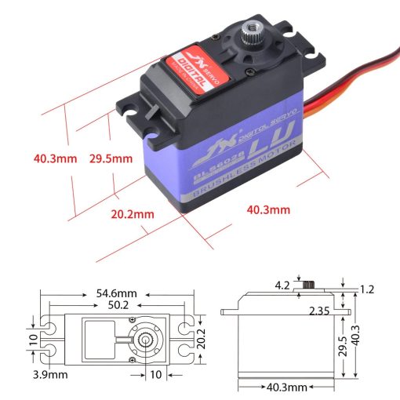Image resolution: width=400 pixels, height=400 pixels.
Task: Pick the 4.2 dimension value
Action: [282, 284]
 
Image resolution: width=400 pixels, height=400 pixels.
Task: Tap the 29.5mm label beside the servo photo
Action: [111, 158]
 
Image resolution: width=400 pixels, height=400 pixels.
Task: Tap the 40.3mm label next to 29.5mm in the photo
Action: [55, 158]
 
